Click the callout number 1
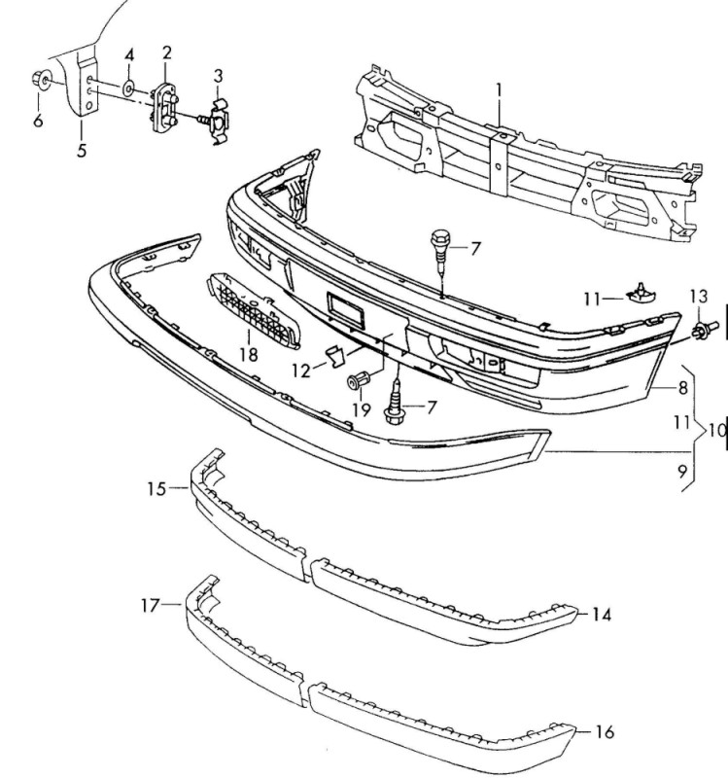point(499,91)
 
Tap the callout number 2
point(166,53)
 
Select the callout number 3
point(218,77)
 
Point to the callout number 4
point(129,55)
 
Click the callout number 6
point(38,121)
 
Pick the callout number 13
point(698,297)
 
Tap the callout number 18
point(249,355)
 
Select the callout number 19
point(362,409)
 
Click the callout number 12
point(301,371)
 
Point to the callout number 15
point(156,489)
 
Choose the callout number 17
point(151,606)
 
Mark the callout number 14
point(602,616)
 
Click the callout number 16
point(604,732)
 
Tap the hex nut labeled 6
point(40,80)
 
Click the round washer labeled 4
point(128,88)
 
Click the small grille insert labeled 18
point(253,310)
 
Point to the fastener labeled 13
point(706,329)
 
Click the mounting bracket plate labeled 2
point(163,107)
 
